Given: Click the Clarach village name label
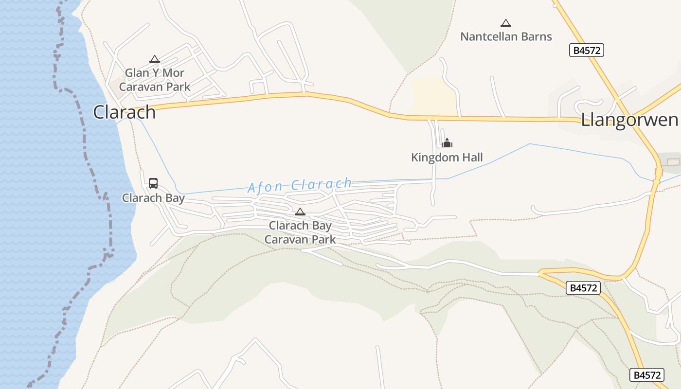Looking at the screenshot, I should tap(124, 112).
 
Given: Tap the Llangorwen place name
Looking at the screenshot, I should tap(629, 120).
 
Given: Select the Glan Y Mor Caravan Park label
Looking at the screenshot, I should tap(155, 80).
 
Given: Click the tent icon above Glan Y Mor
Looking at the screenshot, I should tap(155, 59).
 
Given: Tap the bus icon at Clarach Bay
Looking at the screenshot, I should tap(153, 183).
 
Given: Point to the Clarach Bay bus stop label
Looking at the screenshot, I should tap(153, 198).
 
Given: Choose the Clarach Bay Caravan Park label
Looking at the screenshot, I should tap(300, 232).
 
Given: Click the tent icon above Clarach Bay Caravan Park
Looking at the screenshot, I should tap(300, 212).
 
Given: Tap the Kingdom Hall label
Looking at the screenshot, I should tap(447, 158).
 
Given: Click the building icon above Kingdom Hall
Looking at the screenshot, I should tap(447, 143).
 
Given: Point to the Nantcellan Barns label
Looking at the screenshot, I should tap(506, 36).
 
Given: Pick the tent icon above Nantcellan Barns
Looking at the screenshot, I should tap(506, 23).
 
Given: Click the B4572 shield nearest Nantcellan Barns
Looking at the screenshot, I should tap(587, 50).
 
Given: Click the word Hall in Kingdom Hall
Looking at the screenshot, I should tap(473, 158).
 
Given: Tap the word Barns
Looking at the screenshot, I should tap(537, 36).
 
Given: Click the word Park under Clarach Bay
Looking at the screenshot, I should tap(324, 240).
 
